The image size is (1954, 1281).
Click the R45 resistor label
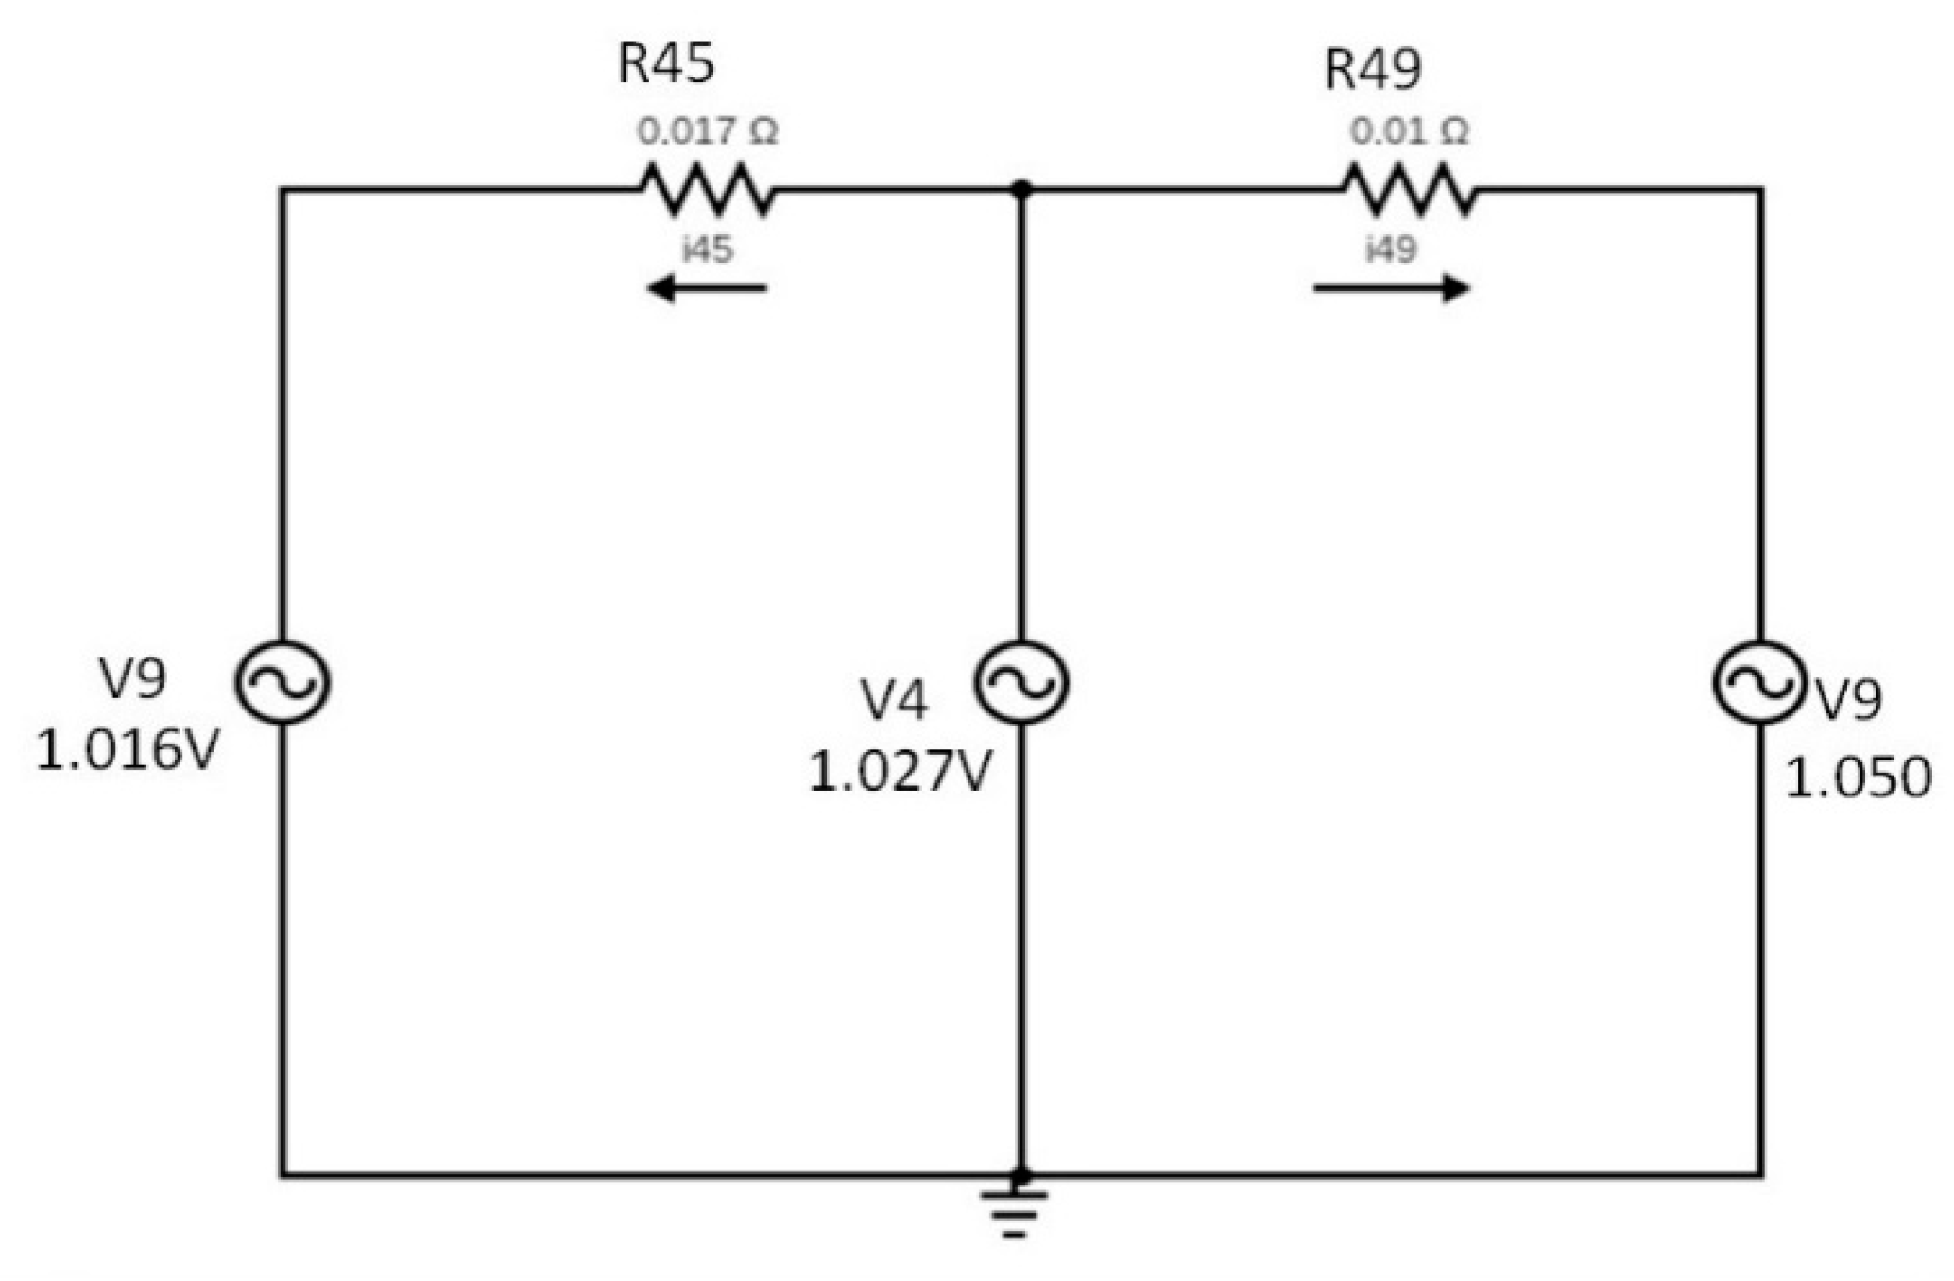(666, 64)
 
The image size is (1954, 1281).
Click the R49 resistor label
(1372, 69)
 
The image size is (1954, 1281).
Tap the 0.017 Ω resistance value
(707, 131)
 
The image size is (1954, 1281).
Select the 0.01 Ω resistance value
(1409, 131)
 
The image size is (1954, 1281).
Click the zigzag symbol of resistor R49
(1409, 189)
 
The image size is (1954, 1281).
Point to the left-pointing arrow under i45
(707, 288)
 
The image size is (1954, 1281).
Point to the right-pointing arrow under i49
(1391, 288)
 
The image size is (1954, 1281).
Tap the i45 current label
(708, 249)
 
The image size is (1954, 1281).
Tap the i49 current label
(1391, 249)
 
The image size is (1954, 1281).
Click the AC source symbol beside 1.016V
(282, 682)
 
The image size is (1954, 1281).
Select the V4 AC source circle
(1021, 682)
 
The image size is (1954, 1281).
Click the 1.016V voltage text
(128, 752)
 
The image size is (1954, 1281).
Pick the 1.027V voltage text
(900, 772)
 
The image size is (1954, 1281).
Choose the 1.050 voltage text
(1857, 779)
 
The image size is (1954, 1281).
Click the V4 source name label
(894, 701)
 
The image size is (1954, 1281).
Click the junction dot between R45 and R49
(1021, 189)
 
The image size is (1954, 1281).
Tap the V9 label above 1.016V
(132, 678)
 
